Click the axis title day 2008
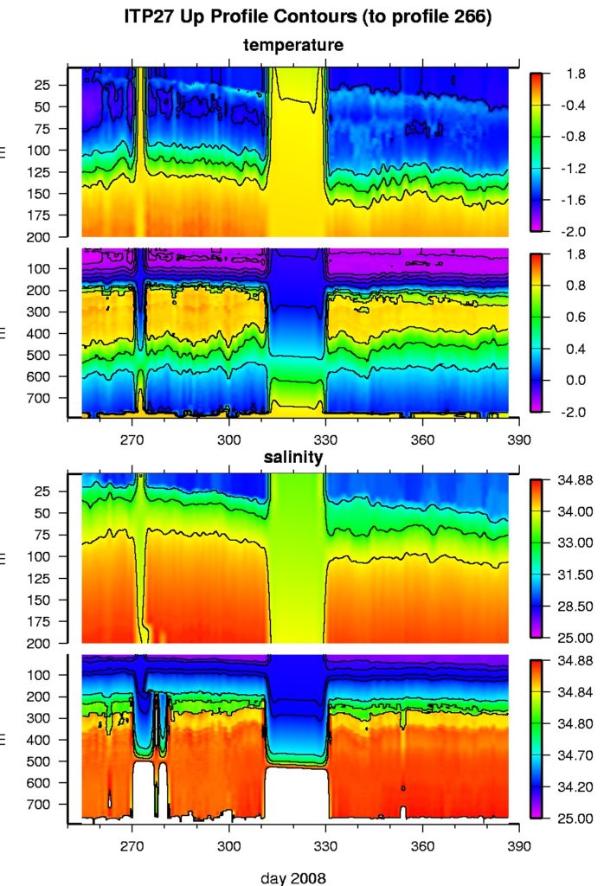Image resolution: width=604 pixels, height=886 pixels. [x=293, y=877]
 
